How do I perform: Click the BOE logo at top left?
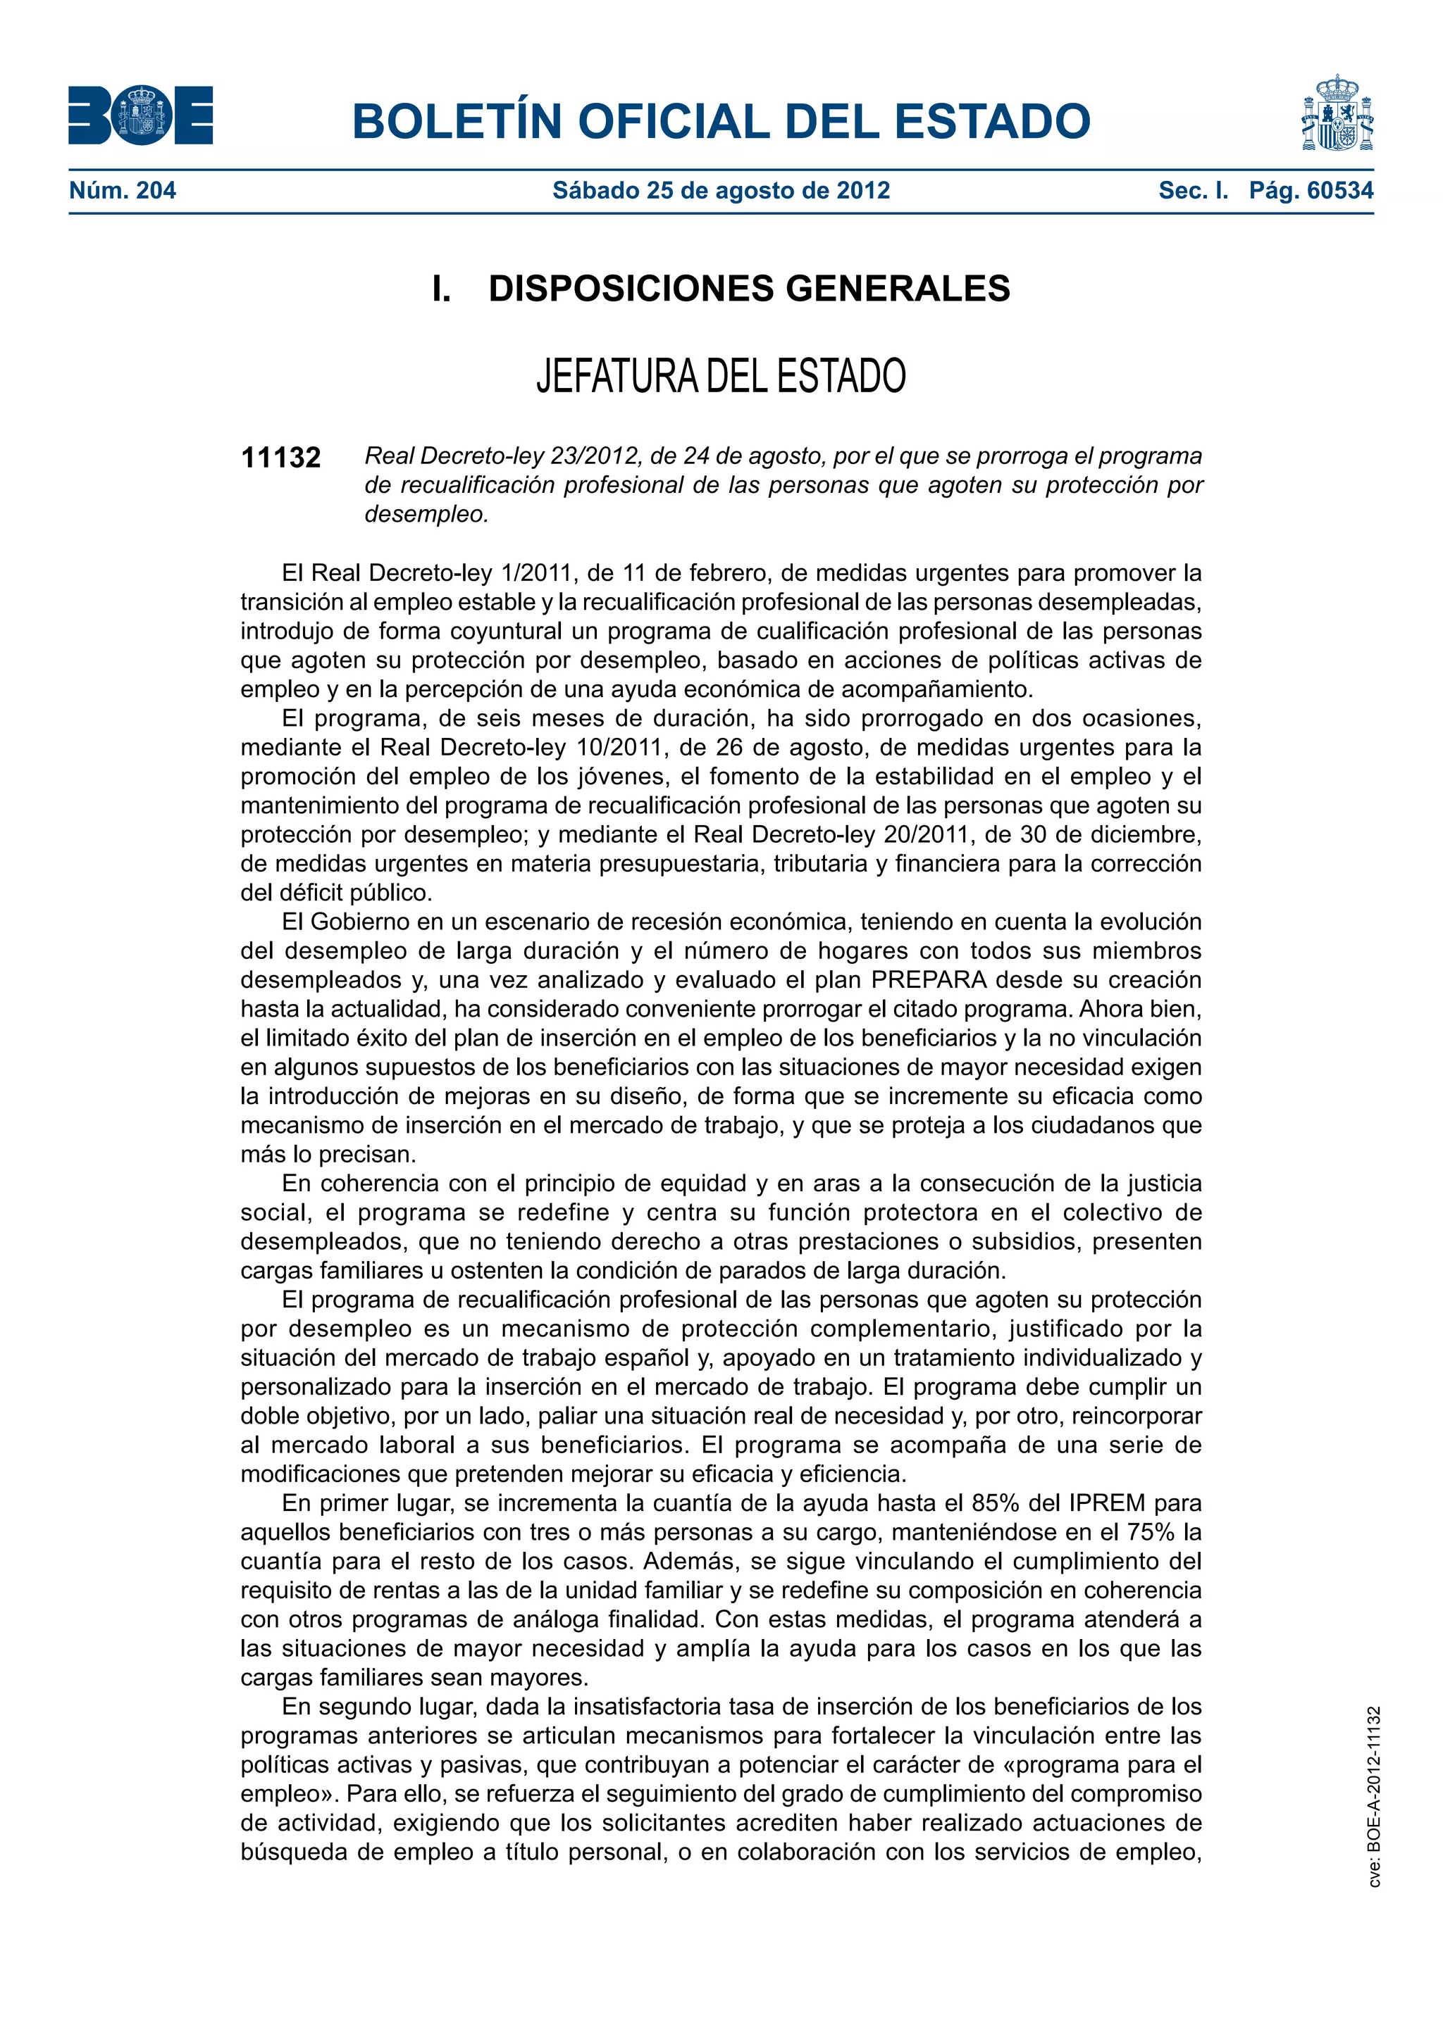point(140,115)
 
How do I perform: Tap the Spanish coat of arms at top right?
point(1337,113)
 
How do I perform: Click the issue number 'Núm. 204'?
point(123,190)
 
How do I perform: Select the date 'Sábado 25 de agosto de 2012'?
point(721,190)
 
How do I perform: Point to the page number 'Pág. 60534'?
point(1311,190)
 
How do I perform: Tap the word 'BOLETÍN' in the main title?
point(457,121)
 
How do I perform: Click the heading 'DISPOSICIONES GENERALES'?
point(749,289)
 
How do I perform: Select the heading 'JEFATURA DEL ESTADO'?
point(721,376)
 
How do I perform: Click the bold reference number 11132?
point(281,458)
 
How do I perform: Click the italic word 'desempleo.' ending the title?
point(426,514)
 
